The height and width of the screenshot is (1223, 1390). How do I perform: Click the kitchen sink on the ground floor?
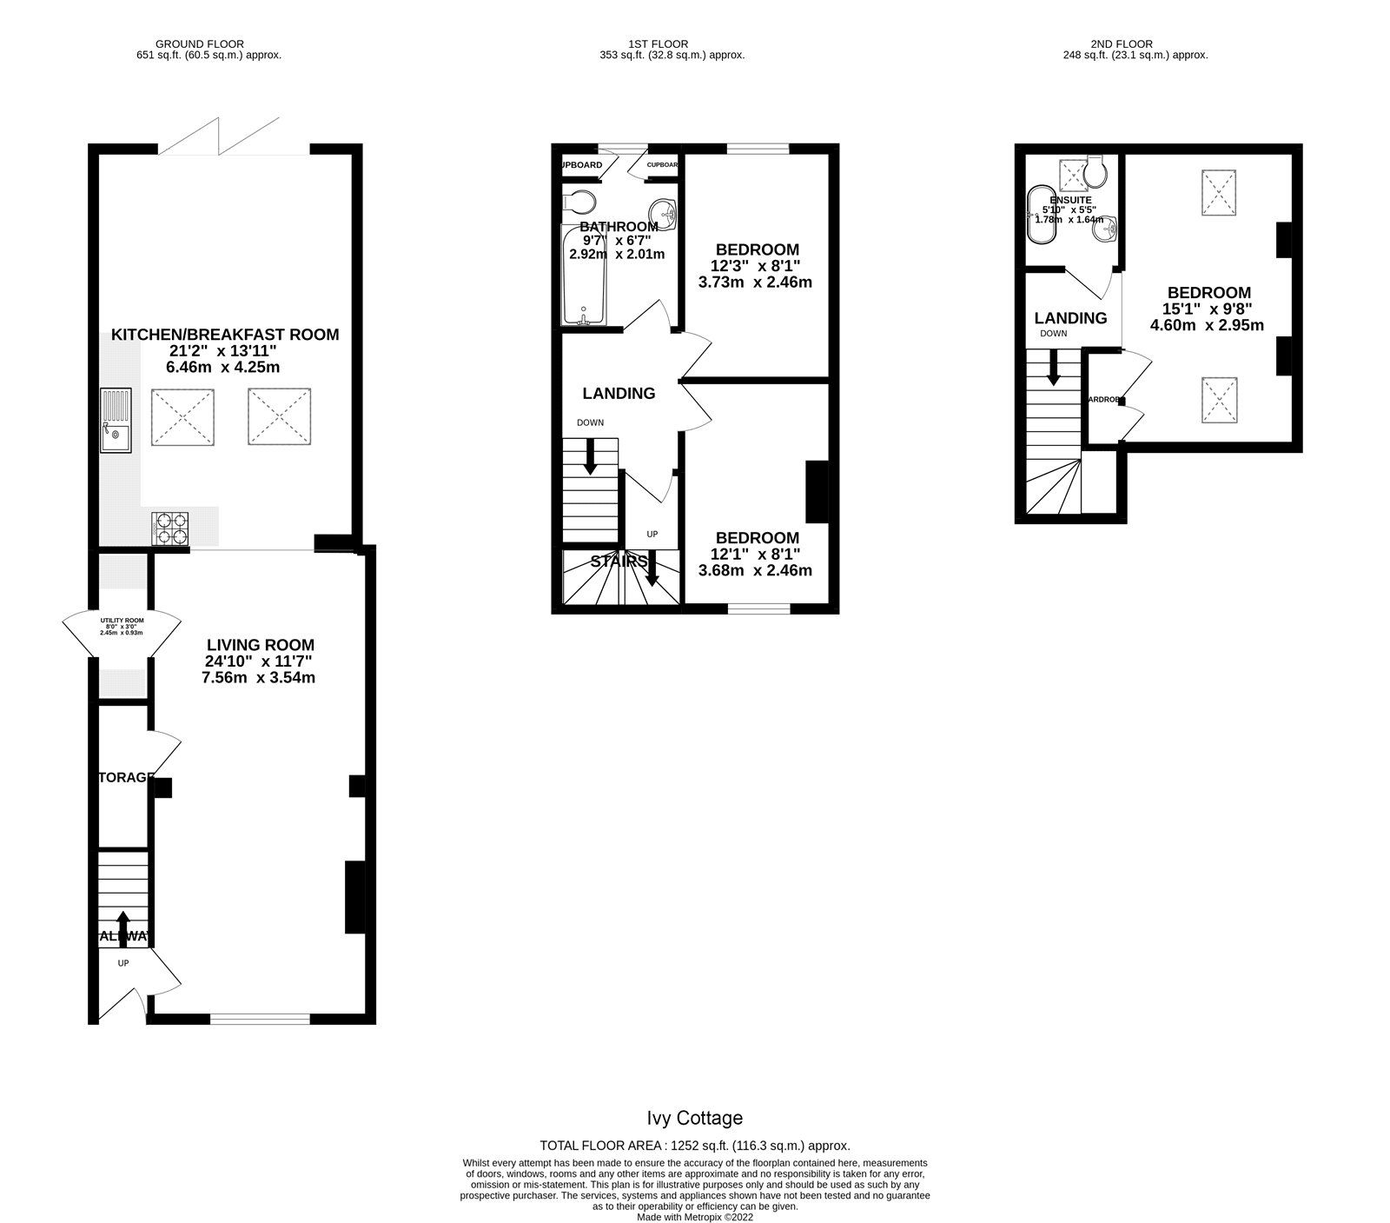114,422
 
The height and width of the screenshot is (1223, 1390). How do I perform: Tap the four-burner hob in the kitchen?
171,528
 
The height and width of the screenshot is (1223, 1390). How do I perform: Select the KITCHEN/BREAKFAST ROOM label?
225,335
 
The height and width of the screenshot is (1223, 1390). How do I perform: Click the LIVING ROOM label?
260,645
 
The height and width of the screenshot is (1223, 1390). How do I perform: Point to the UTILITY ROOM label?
122,621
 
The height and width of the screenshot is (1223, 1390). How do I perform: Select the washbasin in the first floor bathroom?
665,211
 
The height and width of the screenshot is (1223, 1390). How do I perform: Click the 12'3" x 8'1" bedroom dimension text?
754,266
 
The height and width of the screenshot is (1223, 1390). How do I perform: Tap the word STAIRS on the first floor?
620,561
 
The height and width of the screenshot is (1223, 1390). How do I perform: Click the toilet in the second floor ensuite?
1097,172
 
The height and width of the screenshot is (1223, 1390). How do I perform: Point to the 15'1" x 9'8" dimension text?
1208,308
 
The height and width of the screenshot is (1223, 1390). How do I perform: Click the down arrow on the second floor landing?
1053,368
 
